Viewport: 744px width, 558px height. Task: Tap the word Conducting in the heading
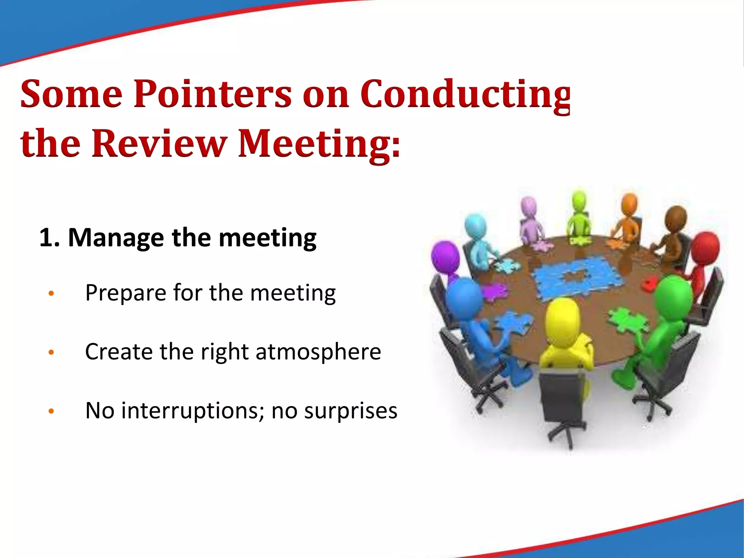point(465,95)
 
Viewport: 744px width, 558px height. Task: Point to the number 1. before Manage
point(49,238)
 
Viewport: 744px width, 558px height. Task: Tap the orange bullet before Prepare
point(51,293)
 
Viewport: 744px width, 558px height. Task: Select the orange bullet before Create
point(51,352)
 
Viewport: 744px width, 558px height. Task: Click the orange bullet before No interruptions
point(51,411)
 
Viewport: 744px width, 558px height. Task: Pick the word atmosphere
point(318,352)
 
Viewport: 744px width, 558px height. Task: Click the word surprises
point(351,411)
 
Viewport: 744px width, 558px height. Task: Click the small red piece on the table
point(648,283)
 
